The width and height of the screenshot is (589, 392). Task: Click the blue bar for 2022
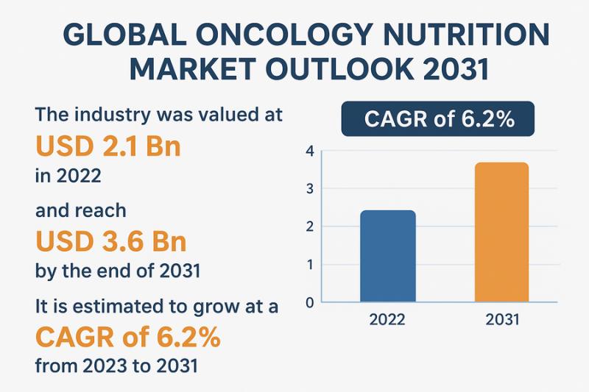click(x=387, y=256)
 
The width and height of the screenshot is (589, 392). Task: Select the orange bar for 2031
click(x=502, y=232)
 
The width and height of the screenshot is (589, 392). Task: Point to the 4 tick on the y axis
click(x=310, y=152)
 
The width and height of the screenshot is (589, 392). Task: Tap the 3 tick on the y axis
click(x=310, y=189)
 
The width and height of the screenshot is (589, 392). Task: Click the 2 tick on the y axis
click(x=310, y=227)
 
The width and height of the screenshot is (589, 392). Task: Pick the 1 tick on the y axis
click(x=310, y=265)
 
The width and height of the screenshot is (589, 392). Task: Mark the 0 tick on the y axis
click(x=310, y=302)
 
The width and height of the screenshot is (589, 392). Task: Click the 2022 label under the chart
click(x=387, y=320)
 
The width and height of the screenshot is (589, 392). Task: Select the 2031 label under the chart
click(x=502, y=320)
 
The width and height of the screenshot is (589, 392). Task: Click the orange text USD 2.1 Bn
click(x=108, y=148)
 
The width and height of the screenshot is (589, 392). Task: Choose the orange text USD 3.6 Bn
click(x=110, y=242)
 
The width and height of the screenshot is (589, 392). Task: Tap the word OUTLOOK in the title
click(x=343, y=71)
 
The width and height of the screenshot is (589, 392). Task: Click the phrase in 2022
click(x=68, y=177)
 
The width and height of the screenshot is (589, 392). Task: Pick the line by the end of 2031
click(x=118, y=271)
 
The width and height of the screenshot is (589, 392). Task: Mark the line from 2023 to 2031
click(x=116, y=366)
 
